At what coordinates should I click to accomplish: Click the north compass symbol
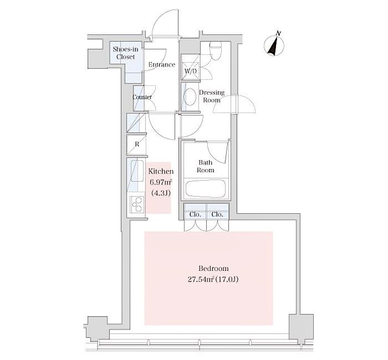pyautogui.click(x=274, y=45)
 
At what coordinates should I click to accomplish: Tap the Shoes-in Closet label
pyautogui.click(x=126, y=53)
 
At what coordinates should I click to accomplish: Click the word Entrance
pyautogui.click(x=162, y=64)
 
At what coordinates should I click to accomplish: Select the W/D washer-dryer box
pyautogui.click(x=190, y=67)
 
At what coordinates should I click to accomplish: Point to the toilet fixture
pyautogui.click(x=215, y=50)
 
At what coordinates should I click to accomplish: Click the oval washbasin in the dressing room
pyautogui.click(x=190, y=97)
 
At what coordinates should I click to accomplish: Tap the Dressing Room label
pyautogui.click(x=211, y=96)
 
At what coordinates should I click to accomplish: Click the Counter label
pyautogui.click(x=142, y=97)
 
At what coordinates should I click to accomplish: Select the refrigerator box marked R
pyautogui.click(x=136, y=145)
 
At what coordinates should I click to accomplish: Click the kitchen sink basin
pyautogui.click(x=137, y=171)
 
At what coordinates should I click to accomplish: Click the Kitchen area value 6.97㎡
pyautogui.click(x=161, y=183)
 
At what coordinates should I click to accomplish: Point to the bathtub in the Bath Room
pyautogui.click(x=206, y=188)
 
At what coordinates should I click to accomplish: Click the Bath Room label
pyautogui.click(x=205, y=166)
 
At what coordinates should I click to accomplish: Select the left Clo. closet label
pyautogui.click(x=195, y=214)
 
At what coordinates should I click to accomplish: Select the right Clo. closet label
pyautogui.click(x=217, y=214)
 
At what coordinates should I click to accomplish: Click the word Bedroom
pyautogui.click(x=213, y=268)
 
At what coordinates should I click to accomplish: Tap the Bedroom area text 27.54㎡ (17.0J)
pyautogui.click(x=213, y=280)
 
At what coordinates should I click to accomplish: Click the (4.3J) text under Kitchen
pyautogui.click(x=161, y=193)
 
